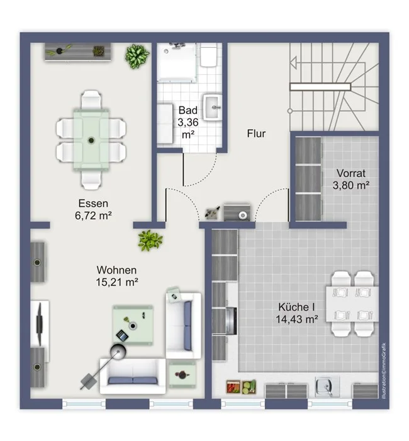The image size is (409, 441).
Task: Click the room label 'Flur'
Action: [x=256, y=134]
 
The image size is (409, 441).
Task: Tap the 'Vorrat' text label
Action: [x=351, y=173]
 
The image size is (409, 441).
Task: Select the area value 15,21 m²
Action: [x=117, y=282]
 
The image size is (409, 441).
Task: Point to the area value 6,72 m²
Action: [x=93, y=215]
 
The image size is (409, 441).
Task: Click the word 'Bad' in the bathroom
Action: [x=188, y=110]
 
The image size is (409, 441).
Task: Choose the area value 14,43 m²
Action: [x=296, y=319]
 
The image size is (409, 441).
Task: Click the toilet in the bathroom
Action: [x=208, y=55]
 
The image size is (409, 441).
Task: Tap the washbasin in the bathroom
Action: [x=213, y=108]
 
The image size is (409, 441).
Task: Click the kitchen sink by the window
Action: [x=327, y=386]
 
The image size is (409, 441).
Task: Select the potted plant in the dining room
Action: [x=137, y=56]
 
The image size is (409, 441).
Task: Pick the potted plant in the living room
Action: [x=150, y=241]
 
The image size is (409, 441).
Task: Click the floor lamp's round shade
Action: [x=118, y=352]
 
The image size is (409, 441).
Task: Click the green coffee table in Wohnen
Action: [x=133, y=325]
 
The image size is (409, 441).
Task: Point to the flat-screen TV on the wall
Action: [x=39, y=324]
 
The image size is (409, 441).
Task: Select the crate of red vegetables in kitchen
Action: [x=233, y=387]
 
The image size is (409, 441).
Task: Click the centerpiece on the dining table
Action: [x=91, y=140]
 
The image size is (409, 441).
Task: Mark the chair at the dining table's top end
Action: [x=91, y=100]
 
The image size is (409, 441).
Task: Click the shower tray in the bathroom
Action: [x=177, y=62]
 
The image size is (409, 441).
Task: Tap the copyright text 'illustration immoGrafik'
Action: [x=384, y=370]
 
